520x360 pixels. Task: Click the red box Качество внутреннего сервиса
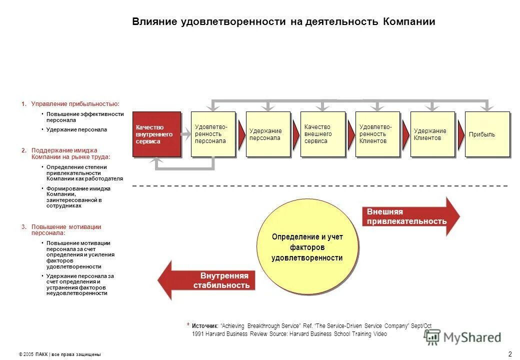click(156, 134)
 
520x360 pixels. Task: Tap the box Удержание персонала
click(268, 134)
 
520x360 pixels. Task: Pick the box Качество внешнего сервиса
click(322, 134)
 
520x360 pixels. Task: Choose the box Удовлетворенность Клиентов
click(377, 134)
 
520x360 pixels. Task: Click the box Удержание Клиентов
click(432, 134)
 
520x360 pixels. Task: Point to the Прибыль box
click(487, 134)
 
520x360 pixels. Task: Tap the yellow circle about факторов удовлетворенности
click(307, 246)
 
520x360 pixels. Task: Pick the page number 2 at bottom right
click(509, 354)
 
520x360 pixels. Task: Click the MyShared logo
click(462, 337)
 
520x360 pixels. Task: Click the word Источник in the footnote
click(204, 325)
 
